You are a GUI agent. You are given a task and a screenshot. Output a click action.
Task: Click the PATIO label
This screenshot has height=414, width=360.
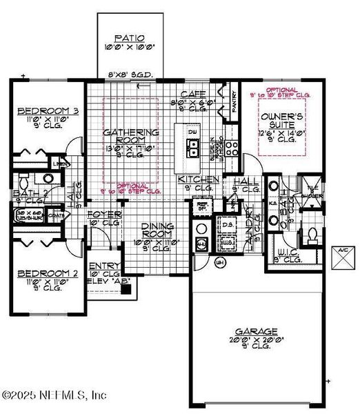point(129,39)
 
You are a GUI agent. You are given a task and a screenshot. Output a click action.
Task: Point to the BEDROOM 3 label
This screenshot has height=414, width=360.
point(39,111)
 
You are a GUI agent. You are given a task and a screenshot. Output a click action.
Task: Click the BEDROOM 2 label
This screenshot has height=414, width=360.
point(39,273)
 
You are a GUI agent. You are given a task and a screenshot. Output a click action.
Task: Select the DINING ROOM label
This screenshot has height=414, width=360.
point(161,230)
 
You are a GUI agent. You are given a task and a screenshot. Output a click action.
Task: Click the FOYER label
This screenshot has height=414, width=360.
point(104,215)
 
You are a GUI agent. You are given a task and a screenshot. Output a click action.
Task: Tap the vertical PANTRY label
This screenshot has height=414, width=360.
point(232,101)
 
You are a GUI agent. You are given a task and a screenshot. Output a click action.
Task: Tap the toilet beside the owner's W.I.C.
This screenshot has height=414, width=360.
point(311,235)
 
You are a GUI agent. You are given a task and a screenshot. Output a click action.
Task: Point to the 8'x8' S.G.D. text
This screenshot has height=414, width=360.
point(129,76)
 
